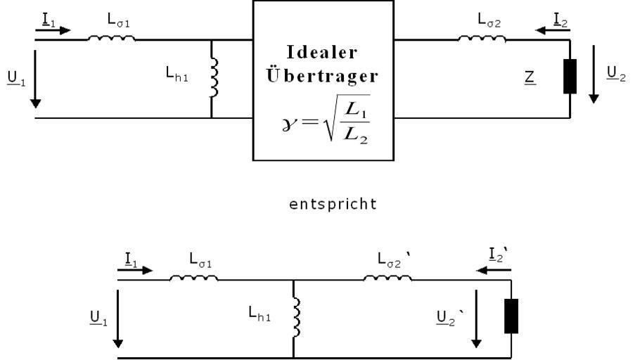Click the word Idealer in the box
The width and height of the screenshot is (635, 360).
click(323, 53)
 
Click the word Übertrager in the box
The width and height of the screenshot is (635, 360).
click(323, 75)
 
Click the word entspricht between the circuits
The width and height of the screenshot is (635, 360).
click(333, 204)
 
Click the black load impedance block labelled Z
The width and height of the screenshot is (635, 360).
click(570, 77)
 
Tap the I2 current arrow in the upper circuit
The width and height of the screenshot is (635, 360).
click(551, 30)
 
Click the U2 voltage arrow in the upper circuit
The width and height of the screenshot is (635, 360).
click(594, 84)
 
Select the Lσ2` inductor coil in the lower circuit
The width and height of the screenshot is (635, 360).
click(387, 278)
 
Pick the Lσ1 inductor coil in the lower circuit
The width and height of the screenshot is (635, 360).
click(193, 278)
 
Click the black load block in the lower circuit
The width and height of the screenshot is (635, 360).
click(511, 316)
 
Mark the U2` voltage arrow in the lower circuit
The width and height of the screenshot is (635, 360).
click(477, 323)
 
